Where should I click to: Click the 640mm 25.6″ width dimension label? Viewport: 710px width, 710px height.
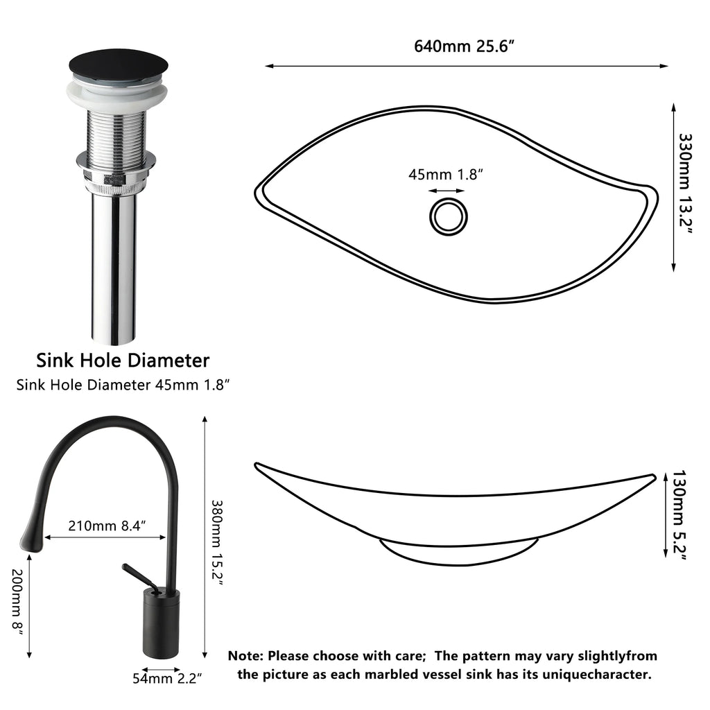[465, 46]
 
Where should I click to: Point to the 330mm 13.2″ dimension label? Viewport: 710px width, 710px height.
[684, 184]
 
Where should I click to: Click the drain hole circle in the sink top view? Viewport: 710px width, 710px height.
[447, 216]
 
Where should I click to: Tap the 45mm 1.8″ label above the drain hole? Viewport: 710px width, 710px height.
[445, 174]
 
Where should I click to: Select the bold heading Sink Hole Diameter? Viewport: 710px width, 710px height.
[123, 361]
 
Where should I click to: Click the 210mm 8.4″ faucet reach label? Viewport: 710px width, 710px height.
[107, 526]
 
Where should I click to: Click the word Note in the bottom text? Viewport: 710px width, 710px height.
[245, 655]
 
